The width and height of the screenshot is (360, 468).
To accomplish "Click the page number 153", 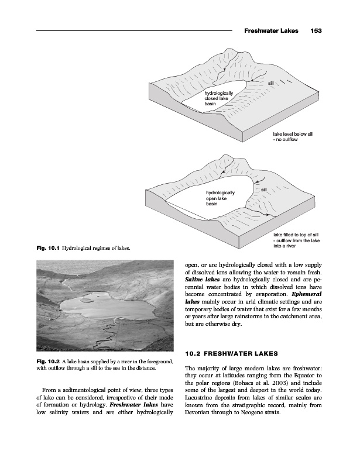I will (317, 30).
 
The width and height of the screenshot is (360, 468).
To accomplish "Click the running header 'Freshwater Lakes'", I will (271, 30).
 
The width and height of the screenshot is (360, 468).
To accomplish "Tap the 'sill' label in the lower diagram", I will (264, 190).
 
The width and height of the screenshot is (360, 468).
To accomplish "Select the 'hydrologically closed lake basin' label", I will (219, 98).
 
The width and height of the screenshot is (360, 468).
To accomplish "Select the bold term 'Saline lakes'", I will (203, 282).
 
